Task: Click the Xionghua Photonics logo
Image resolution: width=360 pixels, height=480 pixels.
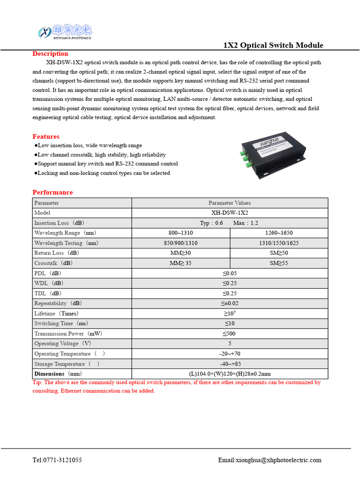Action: tap(65, 32)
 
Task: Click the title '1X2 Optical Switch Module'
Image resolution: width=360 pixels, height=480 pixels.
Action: tap(273, 45)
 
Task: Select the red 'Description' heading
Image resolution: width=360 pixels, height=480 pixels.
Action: tap(50, 53)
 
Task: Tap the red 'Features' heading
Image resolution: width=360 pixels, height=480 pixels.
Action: tap(46, 136)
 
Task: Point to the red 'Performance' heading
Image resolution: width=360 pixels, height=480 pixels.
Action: tap(52, 192)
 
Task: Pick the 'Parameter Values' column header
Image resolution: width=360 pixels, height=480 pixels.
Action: tap(229, 203)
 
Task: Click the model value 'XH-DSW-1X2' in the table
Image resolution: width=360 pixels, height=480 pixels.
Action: tap(229, 213)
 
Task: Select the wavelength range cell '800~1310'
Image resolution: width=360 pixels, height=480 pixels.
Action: tap(180, 233)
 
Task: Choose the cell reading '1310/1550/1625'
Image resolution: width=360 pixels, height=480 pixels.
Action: tap(278, 243)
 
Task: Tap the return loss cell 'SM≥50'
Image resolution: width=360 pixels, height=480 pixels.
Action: tap(278, 253)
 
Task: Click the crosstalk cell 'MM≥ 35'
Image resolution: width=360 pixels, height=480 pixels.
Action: tap(180, 263)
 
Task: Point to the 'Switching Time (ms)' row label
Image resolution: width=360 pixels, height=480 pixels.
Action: tap(61, 323)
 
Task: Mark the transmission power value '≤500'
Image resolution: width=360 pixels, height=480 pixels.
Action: tap(229, 334)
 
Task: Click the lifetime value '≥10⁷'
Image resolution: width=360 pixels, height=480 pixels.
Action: tap(229, 313)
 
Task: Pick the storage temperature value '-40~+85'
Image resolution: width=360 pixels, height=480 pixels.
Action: tap(229, 364)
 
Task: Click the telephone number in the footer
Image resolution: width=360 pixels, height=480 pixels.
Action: tap(57, 460)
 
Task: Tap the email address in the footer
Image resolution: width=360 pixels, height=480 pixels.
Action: tap(270, 460)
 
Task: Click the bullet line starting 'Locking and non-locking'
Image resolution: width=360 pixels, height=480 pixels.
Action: tap(103, 173)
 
